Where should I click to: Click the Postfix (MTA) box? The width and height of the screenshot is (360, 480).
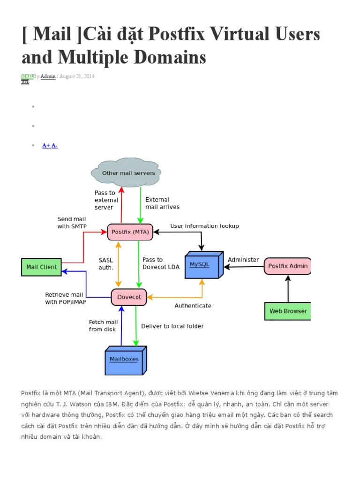tap(130, 232)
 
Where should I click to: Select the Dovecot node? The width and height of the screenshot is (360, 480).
tap(129, 297)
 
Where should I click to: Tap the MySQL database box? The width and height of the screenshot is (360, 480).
tap(202, 265)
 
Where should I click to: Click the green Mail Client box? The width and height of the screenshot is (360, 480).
tap(42, 267)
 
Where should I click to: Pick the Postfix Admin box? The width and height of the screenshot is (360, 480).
tap(288, 266)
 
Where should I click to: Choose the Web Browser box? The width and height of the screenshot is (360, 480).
tap(288, 311)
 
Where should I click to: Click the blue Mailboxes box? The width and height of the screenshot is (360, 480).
tap(124, 360)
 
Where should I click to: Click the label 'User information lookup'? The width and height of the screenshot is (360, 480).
tap(204, 226)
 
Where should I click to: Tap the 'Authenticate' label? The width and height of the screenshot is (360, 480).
tap(193, 306)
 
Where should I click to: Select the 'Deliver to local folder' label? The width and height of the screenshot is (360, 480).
tap(172, 326)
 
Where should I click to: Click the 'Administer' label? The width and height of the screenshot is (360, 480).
tap(243, 260)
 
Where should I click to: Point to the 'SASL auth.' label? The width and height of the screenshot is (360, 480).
tap(105, 263)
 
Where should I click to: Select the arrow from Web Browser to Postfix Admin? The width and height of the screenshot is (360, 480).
tap(288, 288)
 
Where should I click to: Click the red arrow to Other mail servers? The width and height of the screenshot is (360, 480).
tap(121, 204)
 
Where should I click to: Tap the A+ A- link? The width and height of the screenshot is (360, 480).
tap(50, 146)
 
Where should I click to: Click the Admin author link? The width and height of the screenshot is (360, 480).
tap(48, 76)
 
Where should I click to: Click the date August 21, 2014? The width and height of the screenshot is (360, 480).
tap(77, 76)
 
